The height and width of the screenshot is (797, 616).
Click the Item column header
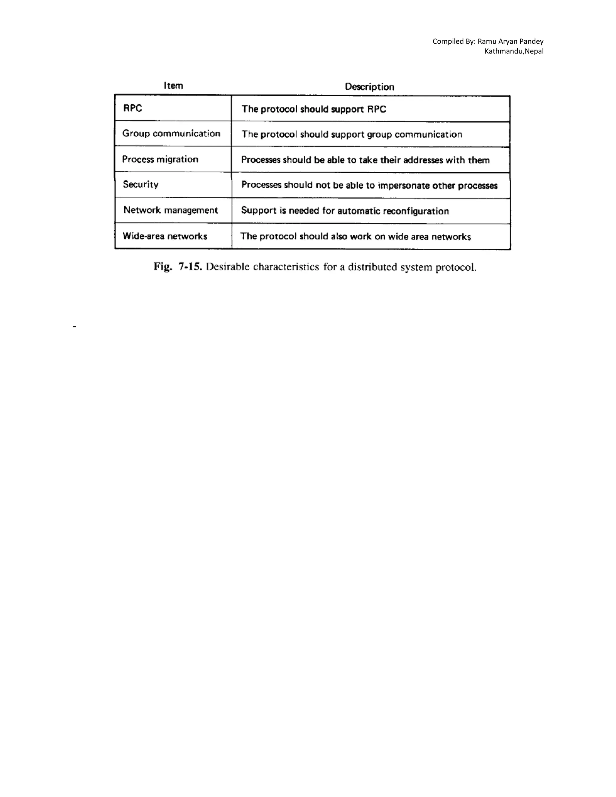pos(173,86)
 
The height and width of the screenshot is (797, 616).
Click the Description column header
pos(369,87)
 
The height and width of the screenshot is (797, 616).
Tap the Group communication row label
pos(171,134)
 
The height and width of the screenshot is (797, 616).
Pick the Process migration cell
pos(160,159)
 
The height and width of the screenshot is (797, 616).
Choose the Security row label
pos(140,185)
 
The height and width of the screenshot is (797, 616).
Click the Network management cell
pos(171,210)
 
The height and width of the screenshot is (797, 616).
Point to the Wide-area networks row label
pos(165,236)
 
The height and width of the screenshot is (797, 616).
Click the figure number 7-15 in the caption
pos(190,267)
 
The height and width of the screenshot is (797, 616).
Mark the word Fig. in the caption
pos(162,267)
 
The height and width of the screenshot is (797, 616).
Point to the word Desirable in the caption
pos(227,267)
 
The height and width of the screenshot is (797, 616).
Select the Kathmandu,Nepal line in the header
pos(514,51)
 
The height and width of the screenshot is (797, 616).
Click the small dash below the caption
pos(75,327)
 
